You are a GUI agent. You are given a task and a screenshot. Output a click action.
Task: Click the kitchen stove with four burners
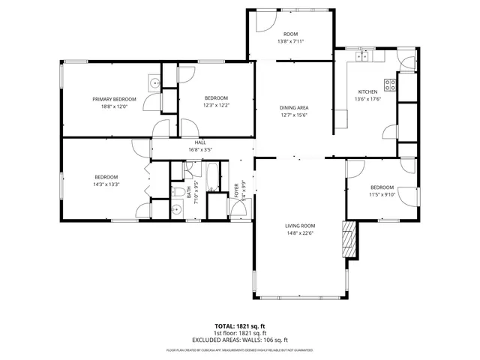click(x=390, y=85)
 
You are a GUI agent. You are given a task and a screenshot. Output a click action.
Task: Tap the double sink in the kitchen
click(x=363, y=55)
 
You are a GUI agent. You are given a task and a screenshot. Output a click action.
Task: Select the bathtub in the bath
click(x=213, y=176)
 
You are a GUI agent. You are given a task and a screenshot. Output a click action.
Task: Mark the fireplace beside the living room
click(x=347, y=238)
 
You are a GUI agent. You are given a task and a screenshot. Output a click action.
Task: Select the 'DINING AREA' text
click(x=294, y=108)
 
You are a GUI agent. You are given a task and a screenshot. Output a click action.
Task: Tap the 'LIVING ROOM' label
click(x=299, y=226)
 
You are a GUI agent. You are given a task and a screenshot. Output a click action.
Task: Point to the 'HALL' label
click(x=199, y=142)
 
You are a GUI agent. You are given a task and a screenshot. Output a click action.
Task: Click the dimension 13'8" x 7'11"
click(x=290, y=42)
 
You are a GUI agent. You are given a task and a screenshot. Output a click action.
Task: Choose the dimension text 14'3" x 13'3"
click(x=106, y=184)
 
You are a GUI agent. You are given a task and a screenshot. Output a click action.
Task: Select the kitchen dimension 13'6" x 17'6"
click(x=368, y=99)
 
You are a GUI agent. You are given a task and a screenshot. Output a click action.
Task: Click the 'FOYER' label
click(x=237, y=188)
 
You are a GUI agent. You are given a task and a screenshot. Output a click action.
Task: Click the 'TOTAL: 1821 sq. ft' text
click(x=241, y=325)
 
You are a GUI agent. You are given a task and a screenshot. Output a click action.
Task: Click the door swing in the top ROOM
click(x=261, y=23)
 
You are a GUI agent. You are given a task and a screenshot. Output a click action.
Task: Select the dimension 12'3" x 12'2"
click(x=216, y=105)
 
